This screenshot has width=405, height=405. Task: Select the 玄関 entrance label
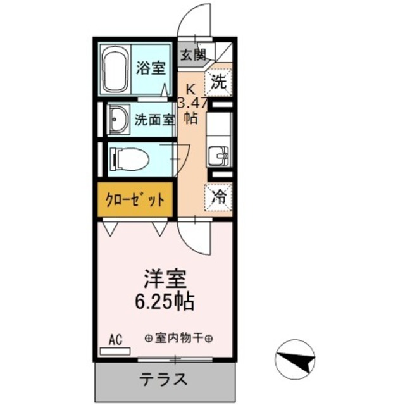(194, 56)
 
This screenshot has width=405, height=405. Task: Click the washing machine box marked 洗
(218, 81)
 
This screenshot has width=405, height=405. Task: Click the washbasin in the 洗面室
(118, 120)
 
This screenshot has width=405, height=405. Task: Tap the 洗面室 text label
(154, 120)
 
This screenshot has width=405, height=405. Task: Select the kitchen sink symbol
(220, 155)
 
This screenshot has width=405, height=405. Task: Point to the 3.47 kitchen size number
(192, 104)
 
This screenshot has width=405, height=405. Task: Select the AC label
(115, 340)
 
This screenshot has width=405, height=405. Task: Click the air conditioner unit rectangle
(115, 350)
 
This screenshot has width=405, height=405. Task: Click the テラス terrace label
(164, 380)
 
